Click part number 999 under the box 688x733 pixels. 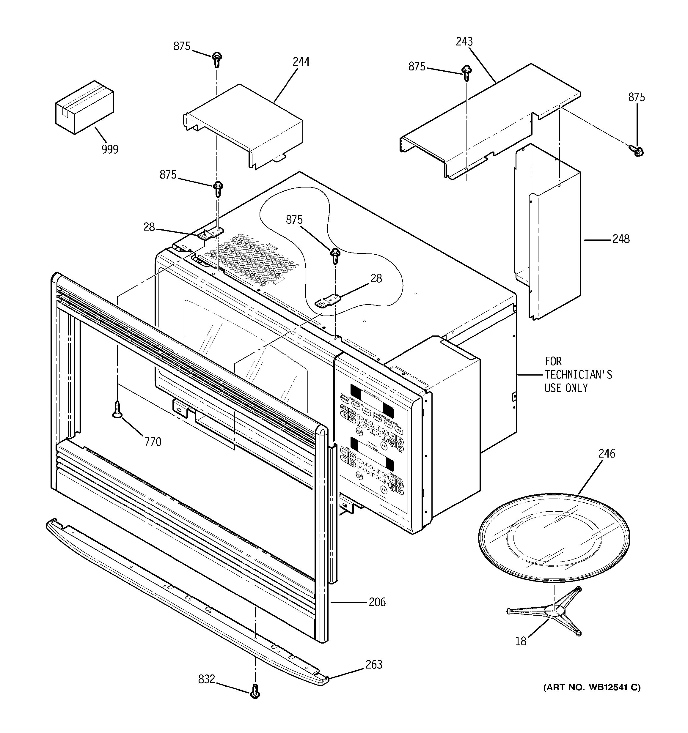tap(110, 149)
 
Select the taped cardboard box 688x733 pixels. tap(84, 107)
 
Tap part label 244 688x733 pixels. tap(301, 62)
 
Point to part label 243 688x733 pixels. tap(464, 42)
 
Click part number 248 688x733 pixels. tap(621, 239)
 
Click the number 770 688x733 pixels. tap(153, 442)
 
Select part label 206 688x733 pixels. tap(377, 602)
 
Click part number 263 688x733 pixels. tap(374, 665)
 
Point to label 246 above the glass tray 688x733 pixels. tap(607, 453)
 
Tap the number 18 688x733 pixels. tap(521, 641)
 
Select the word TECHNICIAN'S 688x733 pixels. tap(578, 375)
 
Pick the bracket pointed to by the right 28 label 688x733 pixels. tap(328, 301)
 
